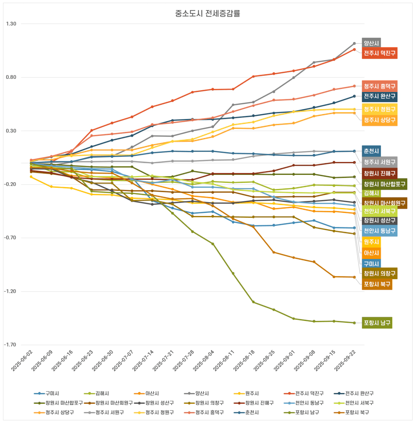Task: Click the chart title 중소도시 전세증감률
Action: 207,14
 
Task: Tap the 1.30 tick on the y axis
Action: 11,24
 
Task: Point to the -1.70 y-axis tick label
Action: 10,345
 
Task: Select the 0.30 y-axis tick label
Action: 11,131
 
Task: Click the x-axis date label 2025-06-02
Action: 22,361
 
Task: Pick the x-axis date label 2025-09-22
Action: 346,361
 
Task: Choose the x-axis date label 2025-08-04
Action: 204,361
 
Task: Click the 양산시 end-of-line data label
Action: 371,43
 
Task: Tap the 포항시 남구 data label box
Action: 377,323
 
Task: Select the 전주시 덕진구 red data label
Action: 379,53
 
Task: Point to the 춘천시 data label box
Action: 371,151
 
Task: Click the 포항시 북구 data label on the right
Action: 377,284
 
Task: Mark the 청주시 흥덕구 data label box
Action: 379,86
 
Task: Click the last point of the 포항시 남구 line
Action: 354,323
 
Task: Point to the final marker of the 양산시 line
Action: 354,43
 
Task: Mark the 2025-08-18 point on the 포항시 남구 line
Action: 253,302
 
